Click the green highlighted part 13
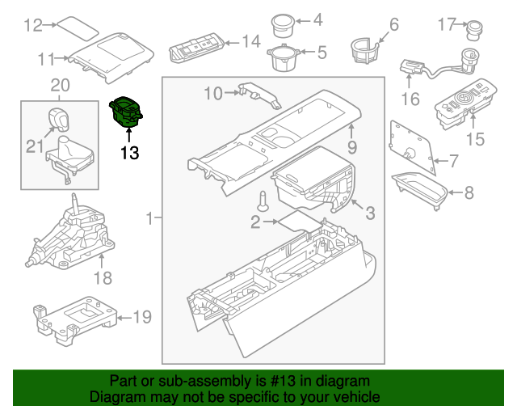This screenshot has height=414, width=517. click(127, 112)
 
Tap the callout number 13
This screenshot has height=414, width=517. click(129, 151)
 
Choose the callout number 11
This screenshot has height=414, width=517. click(46, 58)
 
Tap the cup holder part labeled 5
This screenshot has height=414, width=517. click(281, 57)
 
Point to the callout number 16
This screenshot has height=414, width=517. click(410, 99)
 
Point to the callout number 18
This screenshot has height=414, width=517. click(103, 278)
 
